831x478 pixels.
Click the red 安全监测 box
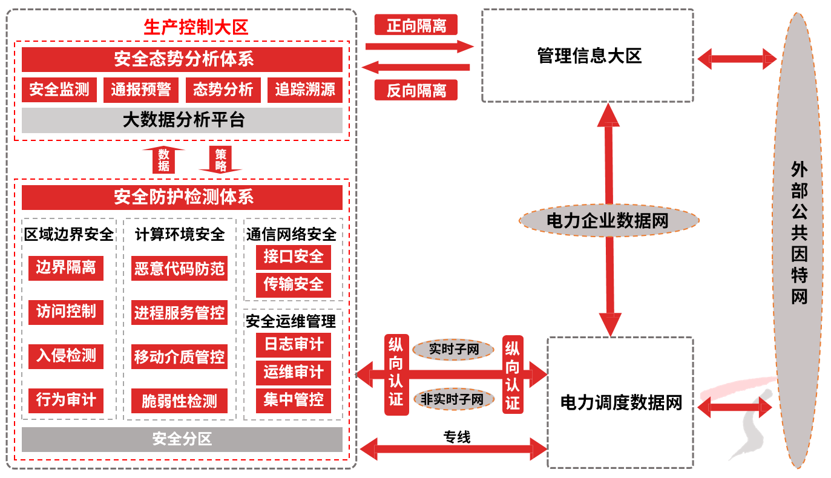[59, 90]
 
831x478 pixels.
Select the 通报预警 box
[141, 90]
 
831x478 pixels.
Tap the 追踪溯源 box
[305, 90]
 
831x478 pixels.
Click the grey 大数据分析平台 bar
[182, 120]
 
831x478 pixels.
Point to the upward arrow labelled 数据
[163, 160]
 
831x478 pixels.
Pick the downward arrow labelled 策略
[220, 160]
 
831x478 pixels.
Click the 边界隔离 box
[65, 267]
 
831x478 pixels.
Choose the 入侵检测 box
[65, 356]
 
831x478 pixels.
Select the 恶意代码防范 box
[179, 268]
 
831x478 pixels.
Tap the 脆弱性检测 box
[179, 401]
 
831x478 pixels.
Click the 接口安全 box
[294, 257]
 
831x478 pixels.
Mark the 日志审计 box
[294, 345]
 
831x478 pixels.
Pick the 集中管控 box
[294, 400]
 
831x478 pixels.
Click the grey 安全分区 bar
[182, 439]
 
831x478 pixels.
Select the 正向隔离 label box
[416, 25]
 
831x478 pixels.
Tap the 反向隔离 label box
[416, 90]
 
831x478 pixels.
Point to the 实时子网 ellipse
[453, 350]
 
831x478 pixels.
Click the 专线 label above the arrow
[456, 437]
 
